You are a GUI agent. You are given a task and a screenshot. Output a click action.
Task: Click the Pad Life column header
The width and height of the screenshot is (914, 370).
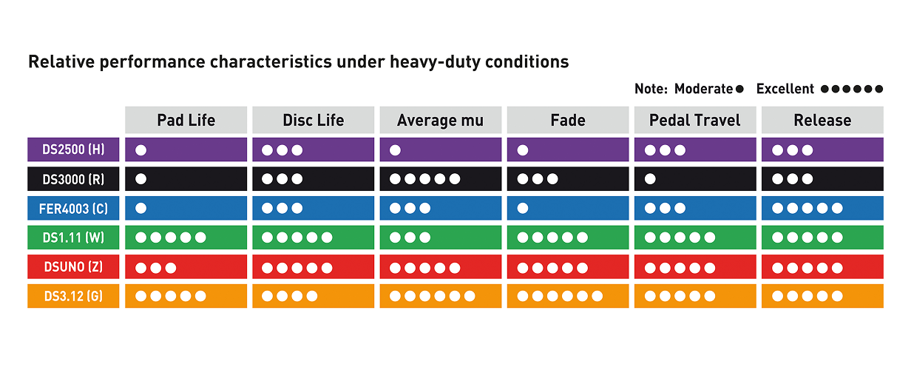tap(186, 120)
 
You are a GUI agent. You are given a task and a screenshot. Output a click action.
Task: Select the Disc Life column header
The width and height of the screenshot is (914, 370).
tap(314, 120)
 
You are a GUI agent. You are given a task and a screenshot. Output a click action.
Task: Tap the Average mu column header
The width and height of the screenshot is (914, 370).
tap(441, 120)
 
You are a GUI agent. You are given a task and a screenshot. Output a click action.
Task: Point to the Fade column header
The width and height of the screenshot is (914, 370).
tap(568, 120)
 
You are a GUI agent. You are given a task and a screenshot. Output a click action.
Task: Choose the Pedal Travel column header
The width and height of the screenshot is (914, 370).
tap(695, 120)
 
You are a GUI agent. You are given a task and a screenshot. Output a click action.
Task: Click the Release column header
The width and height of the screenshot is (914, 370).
tap(822, 120)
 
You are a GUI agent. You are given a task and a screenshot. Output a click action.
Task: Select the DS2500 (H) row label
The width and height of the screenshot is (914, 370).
tap(73, 149)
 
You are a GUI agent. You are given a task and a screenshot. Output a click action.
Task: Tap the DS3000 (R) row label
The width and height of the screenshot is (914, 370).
tap(73, 179)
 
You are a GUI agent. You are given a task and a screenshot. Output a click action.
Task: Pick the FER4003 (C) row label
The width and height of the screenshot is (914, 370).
tap(73, 208)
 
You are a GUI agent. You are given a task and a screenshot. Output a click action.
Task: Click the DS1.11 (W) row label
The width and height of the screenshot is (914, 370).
tap(73, 238)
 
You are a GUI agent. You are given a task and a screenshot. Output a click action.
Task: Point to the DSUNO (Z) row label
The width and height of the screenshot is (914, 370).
tap(73, 266)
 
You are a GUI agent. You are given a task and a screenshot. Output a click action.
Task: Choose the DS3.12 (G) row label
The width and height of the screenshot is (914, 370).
tap(73, 296)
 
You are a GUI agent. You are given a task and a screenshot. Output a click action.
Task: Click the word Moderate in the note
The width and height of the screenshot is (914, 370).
tap(703, 89)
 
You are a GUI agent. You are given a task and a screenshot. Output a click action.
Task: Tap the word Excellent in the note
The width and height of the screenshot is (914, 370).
tap(785, 89)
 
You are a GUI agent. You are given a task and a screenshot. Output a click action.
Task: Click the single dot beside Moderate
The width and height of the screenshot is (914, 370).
tap(739, 89)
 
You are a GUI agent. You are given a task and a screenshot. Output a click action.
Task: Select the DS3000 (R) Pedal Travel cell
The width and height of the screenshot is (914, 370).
tap(695, 179)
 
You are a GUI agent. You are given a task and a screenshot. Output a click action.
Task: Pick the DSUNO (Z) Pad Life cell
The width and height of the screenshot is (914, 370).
tap(186, 266)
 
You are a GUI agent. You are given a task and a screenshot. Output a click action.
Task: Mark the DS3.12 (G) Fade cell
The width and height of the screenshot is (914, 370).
tap(568, 296)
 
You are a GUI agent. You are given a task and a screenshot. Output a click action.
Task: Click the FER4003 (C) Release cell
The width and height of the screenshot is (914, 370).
tap(822, 208)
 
